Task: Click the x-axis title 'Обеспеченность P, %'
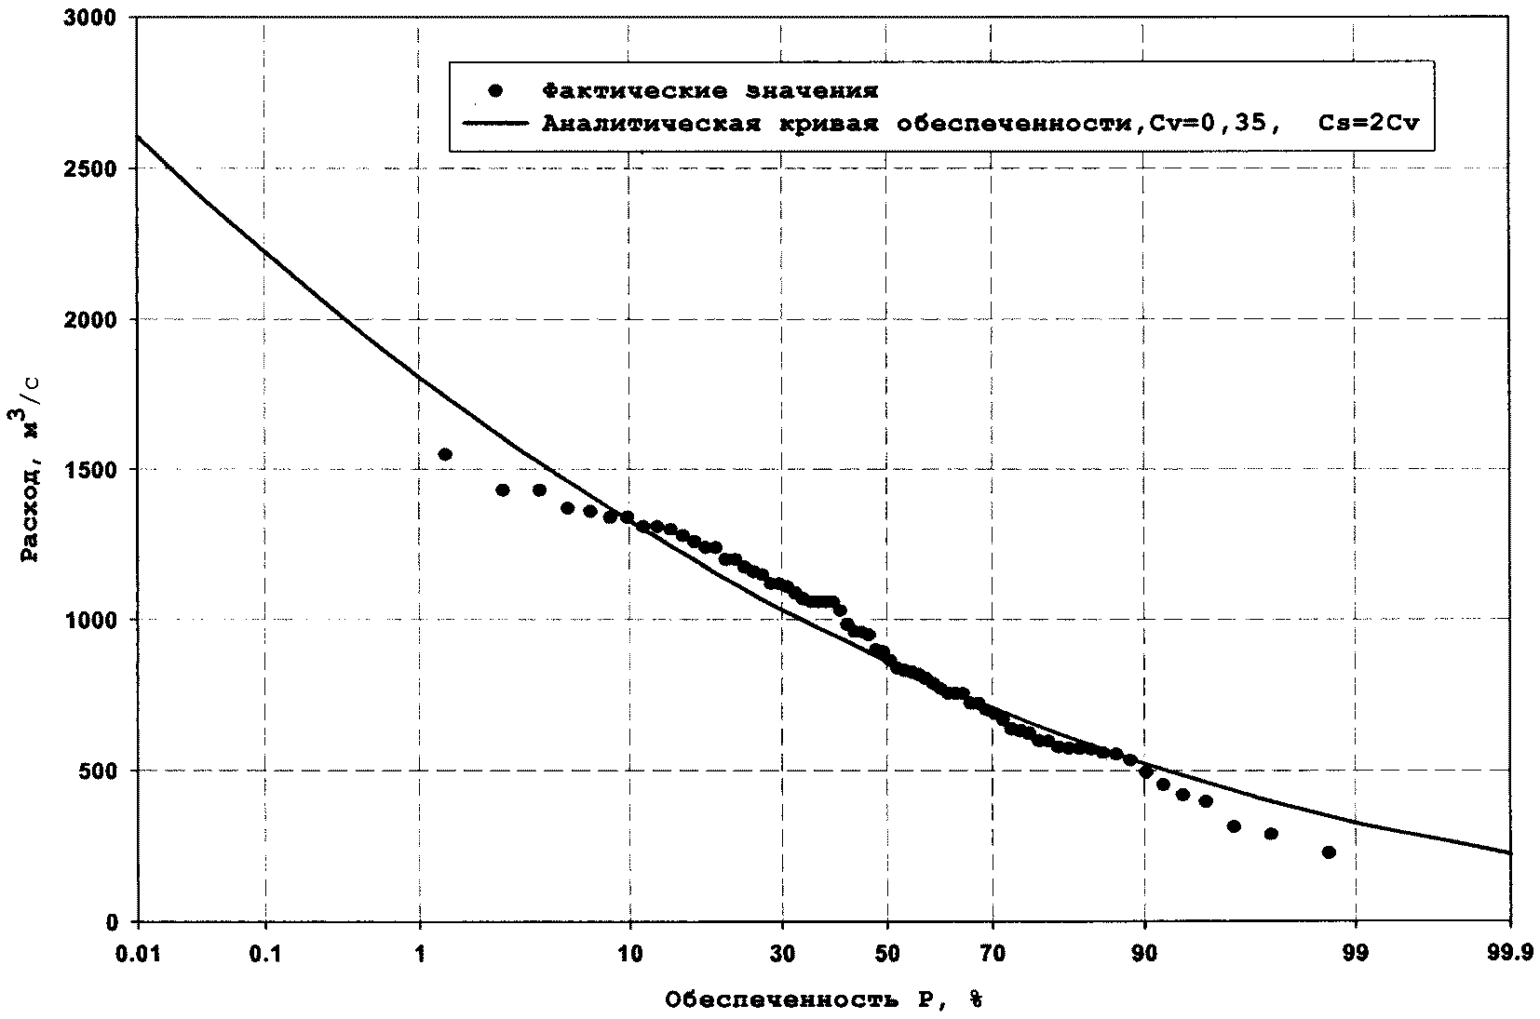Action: coord(823,1000)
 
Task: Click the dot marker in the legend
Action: coord(495,91)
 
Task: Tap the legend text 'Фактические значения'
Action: coord(710,91)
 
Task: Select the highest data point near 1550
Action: coord(445,454)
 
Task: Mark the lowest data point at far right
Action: coord(1329,852)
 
